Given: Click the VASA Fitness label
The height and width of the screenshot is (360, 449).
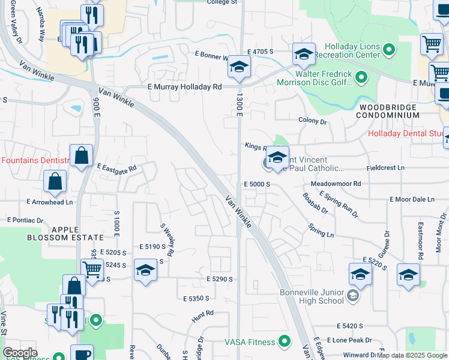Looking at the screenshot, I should click(x=249, y=342).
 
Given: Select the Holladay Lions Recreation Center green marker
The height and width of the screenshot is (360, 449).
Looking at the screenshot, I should click(x=390, y=50).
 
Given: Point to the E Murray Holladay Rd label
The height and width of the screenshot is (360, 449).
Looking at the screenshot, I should click(x=185, y=86).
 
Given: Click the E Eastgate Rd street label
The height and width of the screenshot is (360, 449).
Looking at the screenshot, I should click(x=116, y=169).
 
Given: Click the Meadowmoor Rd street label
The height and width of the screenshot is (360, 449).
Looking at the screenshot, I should click(x=336, y=184).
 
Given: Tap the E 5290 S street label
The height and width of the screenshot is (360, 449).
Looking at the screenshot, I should click(x=218, y=279).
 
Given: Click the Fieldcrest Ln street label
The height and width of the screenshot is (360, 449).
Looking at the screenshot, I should click(x=385, y=169).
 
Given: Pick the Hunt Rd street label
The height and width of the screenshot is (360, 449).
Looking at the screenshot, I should click(x=203, y=313).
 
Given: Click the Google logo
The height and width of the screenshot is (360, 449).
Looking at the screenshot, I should click(x=20, y=353).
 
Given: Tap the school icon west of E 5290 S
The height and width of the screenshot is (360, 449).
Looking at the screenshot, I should click(x=145, y=272).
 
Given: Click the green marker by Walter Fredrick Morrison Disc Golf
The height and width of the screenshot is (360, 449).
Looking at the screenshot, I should click(x=361, y=77).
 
